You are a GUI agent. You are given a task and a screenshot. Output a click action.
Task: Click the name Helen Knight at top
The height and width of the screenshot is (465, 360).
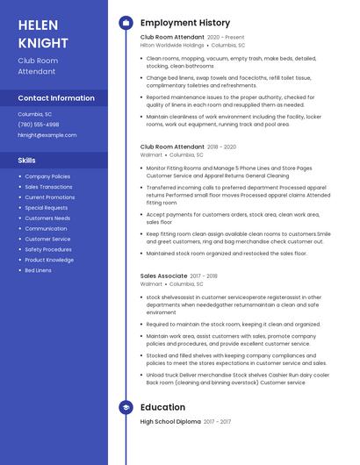coord(42,33)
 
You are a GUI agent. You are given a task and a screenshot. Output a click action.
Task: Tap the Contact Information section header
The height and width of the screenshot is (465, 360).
coord(56,98)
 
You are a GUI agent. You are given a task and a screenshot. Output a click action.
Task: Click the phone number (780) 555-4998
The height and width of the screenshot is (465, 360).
coord(39,125)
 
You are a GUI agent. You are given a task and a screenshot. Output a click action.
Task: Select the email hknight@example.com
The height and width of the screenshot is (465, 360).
coord(47,135)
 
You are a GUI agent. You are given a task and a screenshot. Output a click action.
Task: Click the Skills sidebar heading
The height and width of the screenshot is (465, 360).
coord(26,161)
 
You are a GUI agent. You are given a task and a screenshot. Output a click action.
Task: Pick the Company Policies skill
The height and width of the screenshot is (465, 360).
coord(47,176)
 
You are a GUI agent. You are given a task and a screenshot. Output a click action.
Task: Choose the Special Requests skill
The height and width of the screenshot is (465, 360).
coord(47,208)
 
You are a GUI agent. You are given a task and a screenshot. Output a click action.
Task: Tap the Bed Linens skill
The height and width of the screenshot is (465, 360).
coord(38,270)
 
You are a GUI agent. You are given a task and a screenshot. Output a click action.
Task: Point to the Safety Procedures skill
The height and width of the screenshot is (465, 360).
coord(48,249)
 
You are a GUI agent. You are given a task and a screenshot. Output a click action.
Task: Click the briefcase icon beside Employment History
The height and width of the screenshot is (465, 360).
coord(126,22)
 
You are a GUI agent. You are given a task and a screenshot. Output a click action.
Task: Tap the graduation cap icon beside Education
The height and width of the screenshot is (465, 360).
coord(126,407)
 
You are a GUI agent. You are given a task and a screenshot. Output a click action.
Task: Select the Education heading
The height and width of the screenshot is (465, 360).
coord(162,407)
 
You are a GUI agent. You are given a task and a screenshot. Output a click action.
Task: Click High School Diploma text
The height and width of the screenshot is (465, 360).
coord(170,422)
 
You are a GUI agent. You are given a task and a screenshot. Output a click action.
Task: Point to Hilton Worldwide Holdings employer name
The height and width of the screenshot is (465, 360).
coord(172,45)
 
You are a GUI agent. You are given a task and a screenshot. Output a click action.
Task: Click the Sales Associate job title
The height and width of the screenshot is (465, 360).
coord(163,276)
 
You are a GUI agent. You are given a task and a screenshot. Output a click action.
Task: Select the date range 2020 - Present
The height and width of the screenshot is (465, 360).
coord(227,38)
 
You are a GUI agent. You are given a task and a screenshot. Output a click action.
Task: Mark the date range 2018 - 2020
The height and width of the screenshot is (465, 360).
coord(222,147)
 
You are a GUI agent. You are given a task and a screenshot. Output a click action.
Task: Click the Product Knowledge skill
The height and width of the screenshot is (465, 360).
coord(49,260)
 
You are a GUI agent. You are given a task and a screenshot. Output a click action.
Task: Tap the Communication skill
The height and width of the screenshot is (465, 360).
coord(46,228)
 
